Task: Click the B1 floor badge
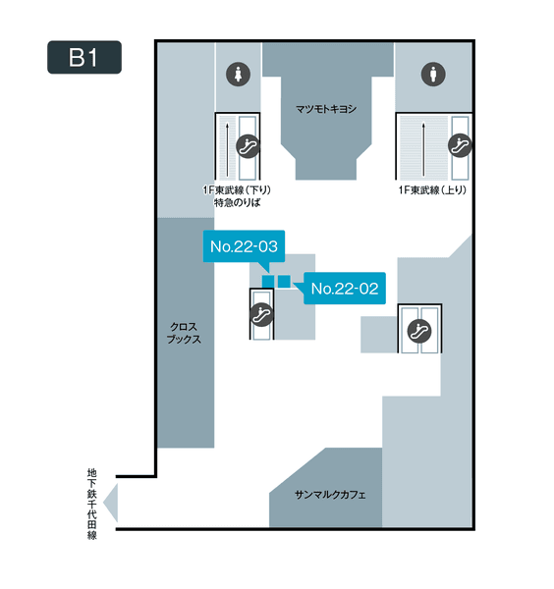click(84, 57)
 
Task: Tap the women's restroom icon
click(238, 74)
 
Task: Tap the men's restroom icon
click(433, 74)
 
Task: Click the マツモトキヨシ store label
click(326, 109)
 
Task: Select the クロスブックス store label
click(184, 333)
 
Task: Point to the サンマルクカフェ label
click(330, 495)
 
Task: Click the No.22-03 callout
click(244, 246)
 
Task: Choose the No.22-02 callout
click(345, 289)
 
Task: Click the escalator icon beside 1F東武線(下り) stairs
click(249, 146)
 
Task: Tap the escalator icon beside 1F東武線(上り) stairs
click(460, 145)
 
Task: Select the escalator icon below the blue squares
click(261, 314)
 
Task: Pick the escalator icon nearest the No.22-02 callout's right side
click(419, 331)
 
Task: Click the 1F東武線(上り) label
click(432, 190)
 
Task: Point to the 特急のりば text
click(237, 203)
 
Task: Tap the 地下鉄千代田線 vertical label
click(92, 504)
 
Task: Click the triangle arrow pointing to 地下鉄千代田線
click(111, 503)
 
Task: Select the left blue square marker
click(268, 282)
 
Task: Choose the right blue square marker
click(284, 282)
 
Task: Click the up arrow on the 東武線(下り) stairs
click(227, 150)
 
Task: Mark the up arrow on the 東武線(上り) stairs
click(423, 149)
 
